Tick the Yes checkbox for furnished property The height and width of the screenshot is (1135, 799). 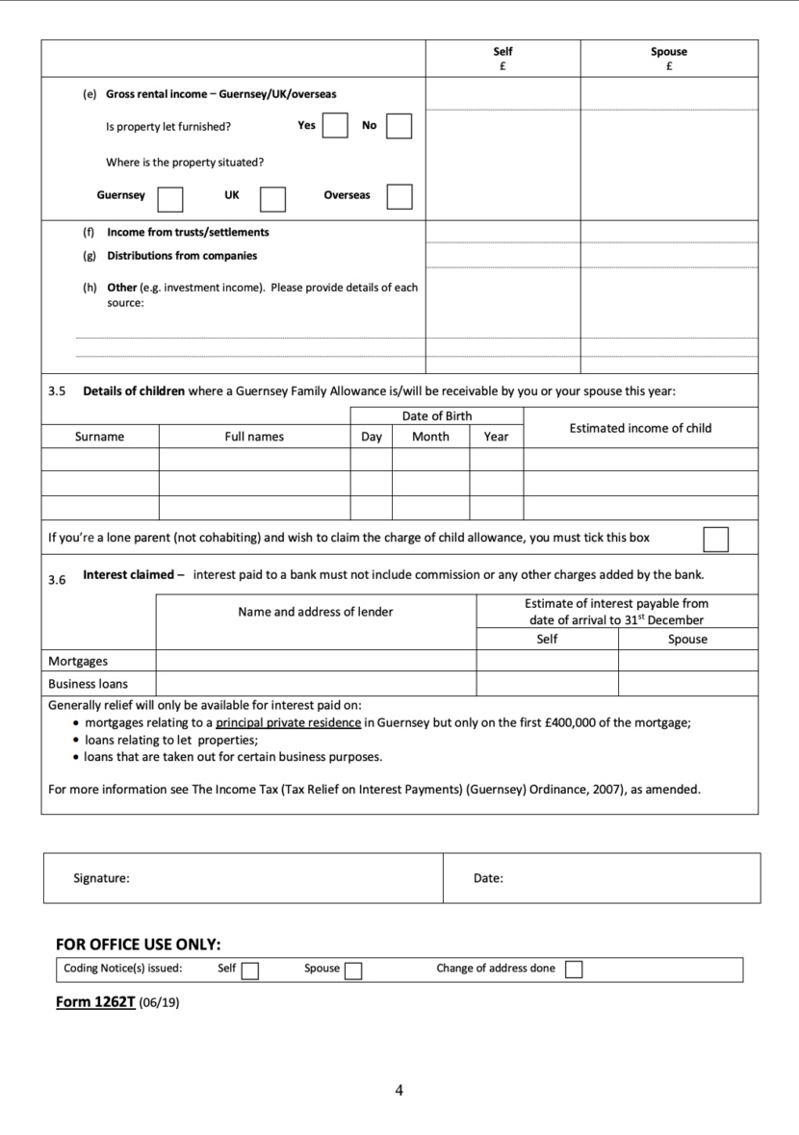click(334, 126)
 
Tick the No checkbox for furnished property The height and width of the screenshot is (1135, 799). click(399, 126)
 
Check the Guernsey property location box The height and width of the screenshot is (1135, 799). click(170, 197)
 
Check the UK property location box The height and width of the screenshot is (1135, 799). click(272, 197)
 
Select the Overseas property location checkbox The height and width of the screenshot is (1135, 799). click(399, 196)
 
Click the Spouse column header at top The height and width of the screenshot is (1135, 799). click(668, 52)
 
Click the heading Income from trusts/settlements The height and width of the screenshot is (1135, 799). click(188, 232)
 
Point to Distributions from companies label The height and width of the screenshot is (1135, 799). click(182, 256)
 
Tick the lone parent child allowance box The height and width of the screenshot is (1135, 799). click(715, 539)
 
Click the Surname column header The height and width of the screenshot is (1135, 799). click(99, 437)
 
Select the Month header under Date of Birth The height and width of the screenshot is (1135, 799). click(430, 437)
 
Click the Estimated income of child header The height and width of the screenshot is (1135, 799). click(640, 428)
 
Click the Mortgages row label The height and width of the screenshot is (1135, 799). click(78, 662)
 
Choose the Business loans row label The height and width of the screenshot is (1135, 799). click(88, 684)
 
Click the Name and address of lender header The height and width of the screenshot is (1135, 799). click(316, 612)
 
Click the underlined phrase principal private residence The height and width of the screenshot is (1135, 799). click(289, 723)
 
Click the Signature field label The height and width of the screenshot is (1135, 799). click(101, 877)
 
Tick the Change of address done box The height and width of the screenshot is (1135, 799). click(574, 970)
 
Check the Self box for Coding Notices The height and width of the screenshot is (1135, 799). click(250, 971)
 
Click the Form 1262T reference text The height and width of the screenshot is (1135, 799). click(95, 1001)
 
